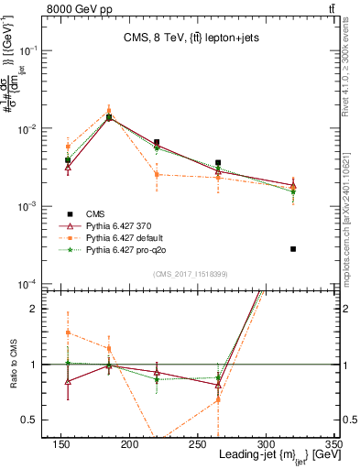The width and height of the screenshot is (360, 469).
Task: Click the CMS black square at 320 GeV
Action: pos(293,249)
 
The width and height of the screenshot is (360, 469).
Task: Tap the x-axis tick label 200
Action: pos(129,444)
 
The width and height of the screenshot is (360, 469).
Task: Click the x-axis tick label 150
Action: pos(61,444)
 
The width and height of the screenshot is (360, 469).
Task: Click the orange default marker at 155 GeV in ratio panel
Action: pos(68,333)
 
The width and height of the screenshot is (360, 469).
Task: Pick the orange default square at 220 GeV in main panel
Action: pos(157,174)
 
